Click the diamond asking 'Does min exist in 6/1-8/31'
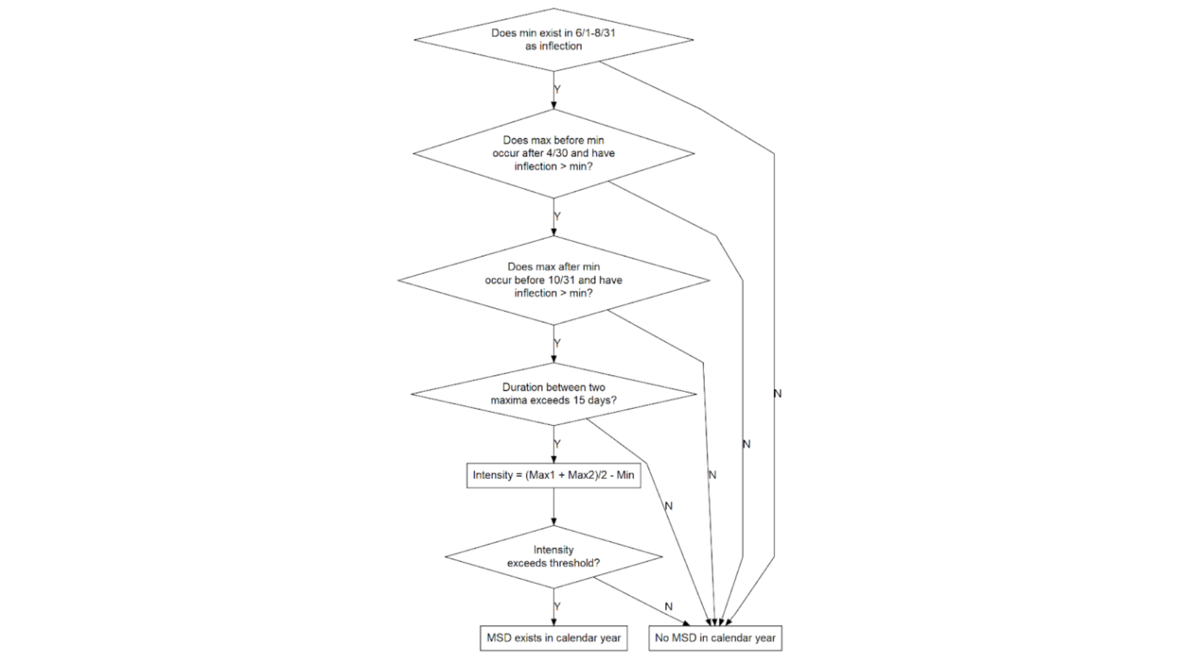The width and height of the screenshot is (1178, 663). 553,39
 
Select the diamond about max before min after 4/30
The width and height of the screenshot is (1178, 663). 553,153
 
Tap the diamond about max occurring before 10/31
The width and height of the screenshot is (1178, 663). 553,280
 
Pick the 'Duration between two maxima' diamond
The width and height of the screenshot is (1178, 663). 553,394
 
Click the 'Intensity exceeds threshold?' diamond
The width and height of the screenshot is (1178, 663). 553,556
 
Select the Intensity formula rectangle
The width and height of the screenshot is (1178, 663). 553,475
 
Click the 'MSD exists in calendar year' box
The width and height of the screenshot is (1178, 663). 553,638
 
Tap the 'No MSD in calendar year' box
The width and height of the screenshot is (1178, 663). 715,638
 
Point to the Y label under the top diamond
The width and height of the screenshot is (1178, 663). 557,90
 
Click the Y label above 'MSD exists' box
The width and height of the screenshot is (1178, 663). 557,606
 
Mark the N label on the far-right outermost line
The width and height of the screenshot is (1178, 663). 777,394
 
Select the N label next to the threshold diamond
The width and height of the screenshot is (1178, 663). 669,606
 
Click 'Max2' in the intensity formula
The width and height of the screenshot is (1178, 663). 581,475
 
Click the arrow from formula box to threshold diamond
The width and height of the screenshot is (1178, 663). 553,507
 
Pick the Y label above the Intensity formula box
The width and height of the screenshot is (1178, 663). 557,444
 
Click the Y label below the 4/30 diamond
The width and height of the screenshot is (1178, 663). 557,216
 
